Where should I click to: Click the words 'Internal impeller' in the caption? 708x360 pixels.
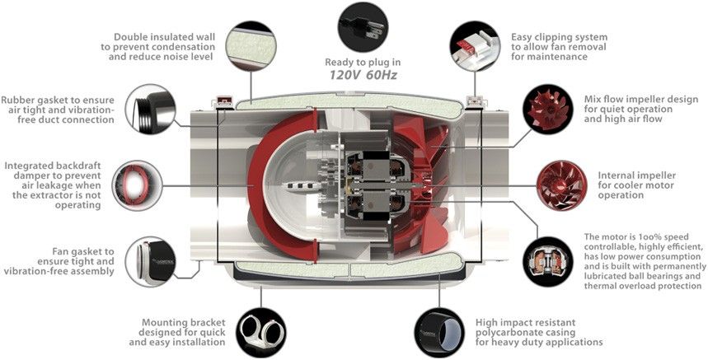[629, 175]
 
